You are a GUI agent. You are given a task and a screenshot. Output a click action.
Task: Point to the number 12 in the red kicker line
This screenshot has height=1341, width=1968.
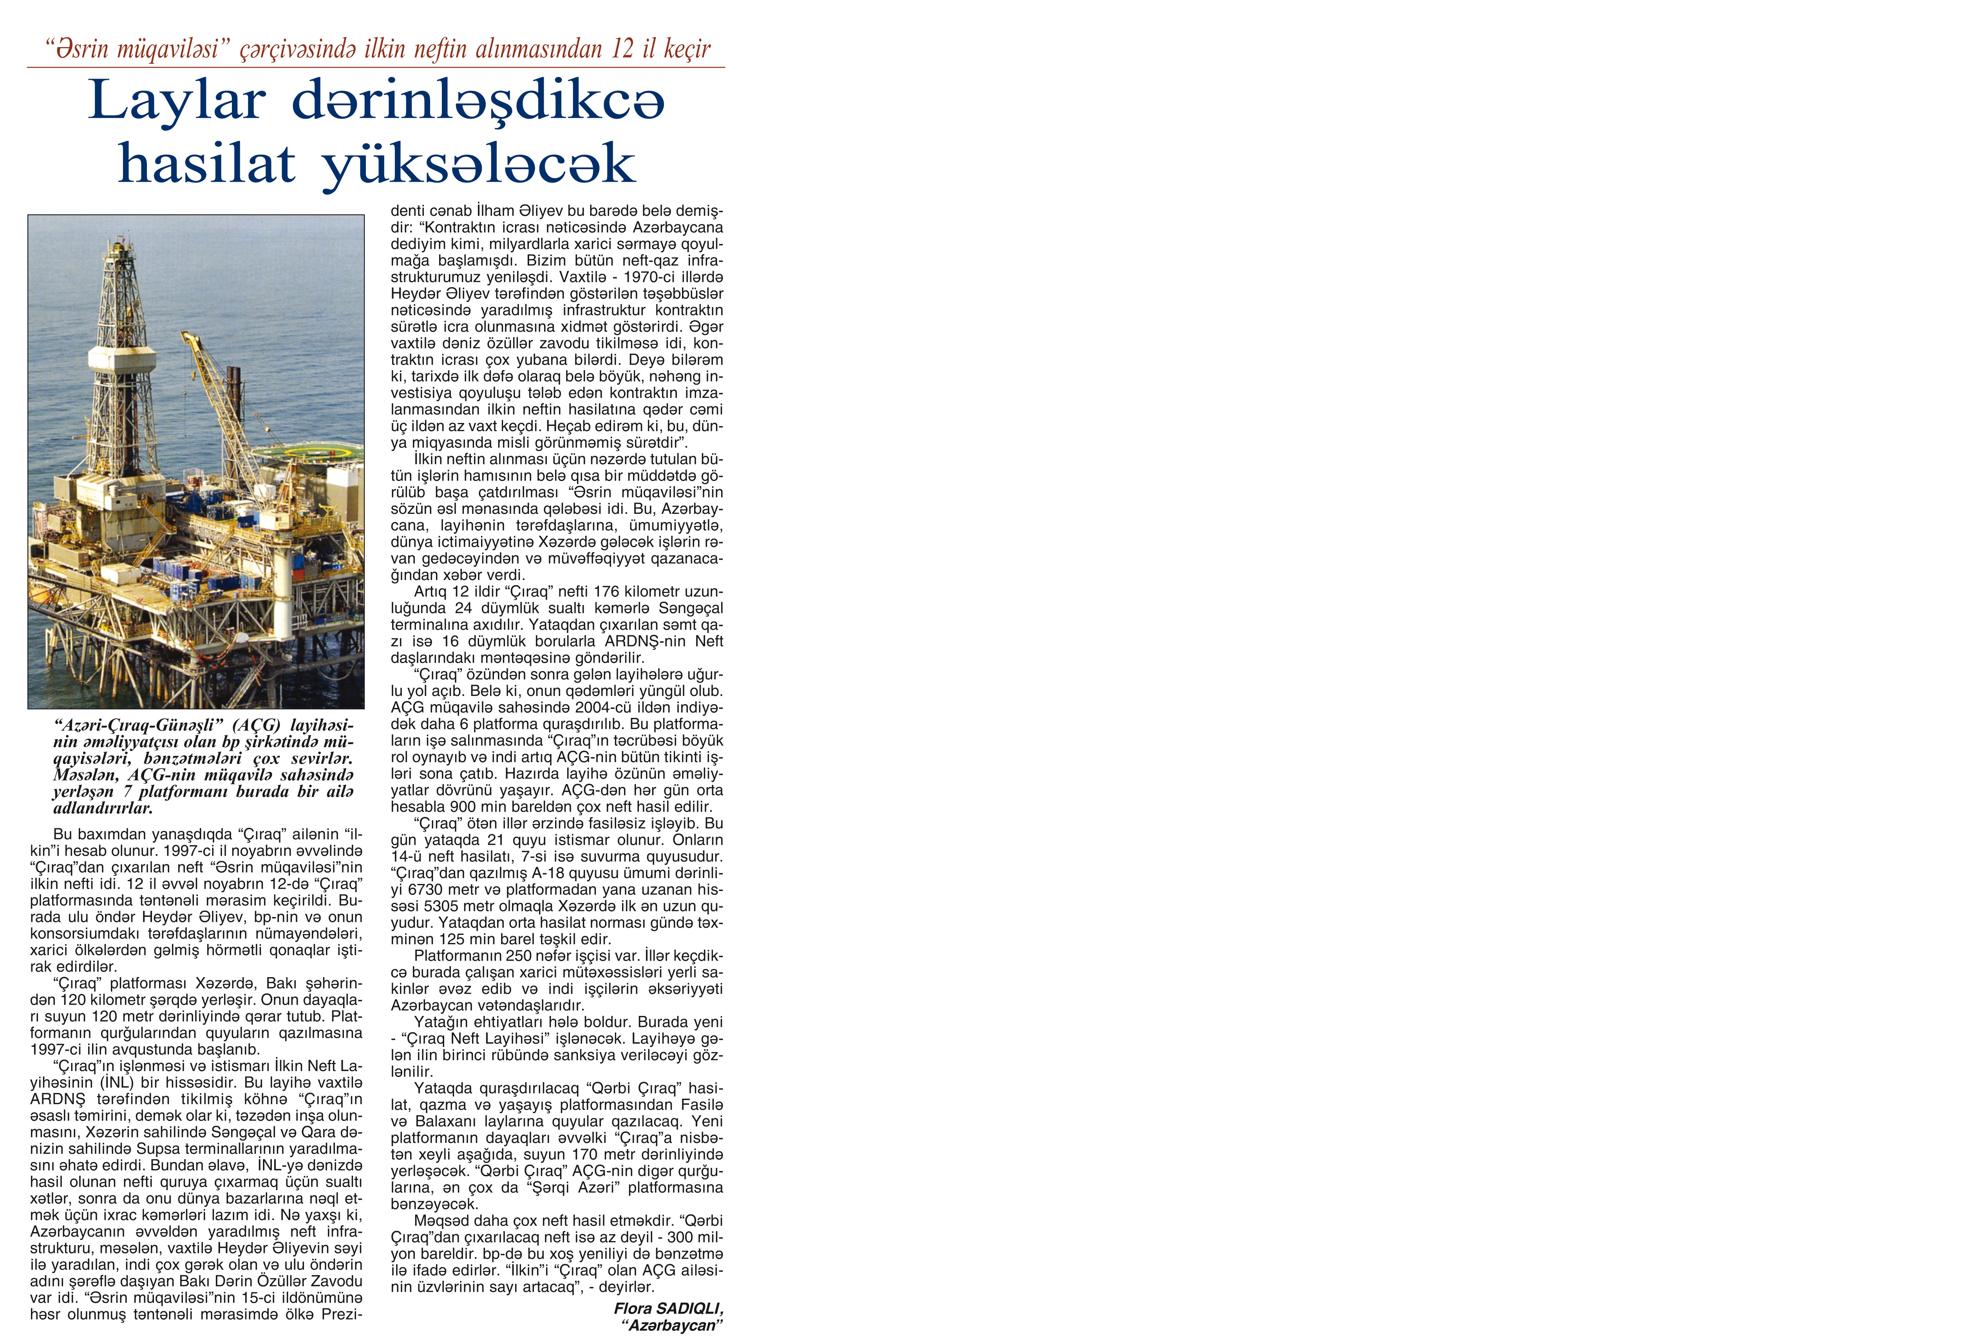622,49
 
